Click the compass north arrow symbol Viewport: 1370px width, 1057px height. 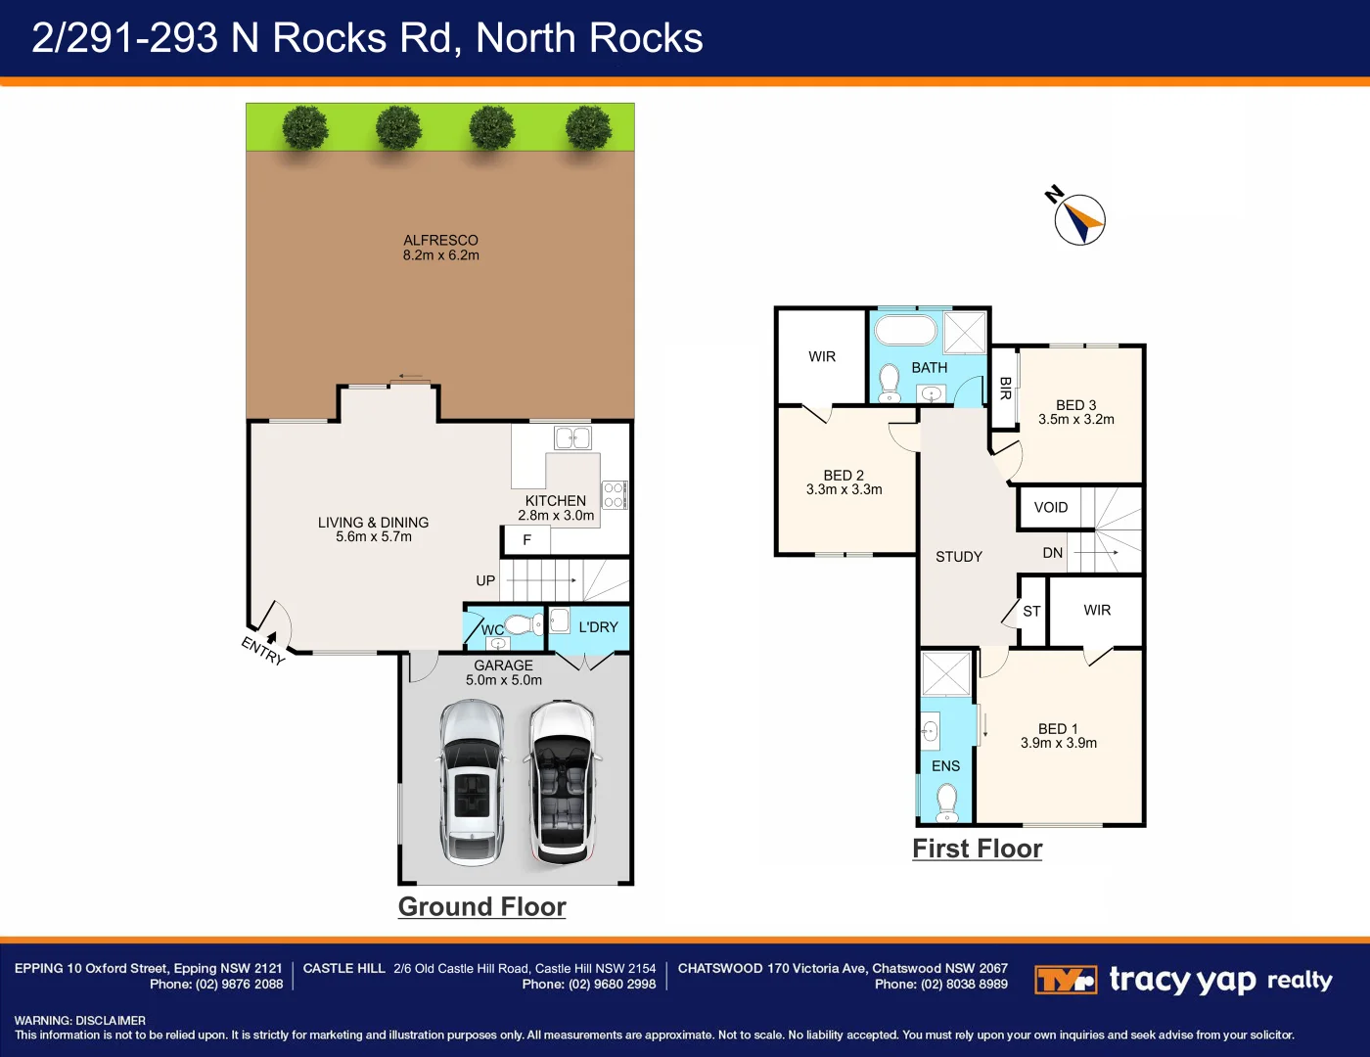(x=1079, y=219)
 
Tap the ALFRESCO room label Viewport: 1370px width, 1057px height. (x=440, y=240)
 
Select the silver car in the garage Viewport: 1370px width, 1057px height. (x=473, y=782)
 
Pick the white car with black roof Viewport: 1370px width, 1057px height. (x=563, y=782)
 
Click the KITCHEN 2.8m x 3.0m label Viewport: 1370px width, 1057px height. (x=556, y=507)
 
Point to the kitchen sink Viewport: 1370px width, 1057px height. (x=572, y=437)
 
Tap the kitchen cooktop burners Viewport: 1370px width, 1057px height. (x=615, y=495)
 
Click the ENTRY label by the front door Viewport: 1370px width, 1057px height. (x=263, y=651)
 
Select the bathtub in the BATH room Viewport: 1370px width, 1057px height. (x=906, y=329)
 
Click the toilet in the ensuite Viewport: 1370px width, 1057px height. (x=947, y=804)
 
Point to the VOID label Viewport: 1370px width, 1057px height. (x=1051, y=507)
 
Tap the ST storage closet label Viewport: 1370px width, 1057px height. (x=1031, y=611)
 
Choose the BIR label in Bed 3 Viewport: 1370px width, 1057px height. (x=1006, y=389)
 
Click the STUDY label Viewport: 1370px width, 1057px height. (x=959, y=557)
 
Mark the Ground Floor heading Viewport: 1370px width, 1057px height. (x=482, y=907)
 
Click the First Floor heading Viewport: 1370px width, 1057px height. (x=978, y=849)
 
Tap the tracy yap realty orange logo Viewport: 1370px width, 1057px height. (x=1066, y=980)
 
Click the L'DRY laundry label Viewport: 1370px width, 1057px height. (x=598, y=627)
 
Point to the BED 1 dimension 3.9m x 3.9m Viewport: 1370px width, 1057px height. (x=1059, y=743)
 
